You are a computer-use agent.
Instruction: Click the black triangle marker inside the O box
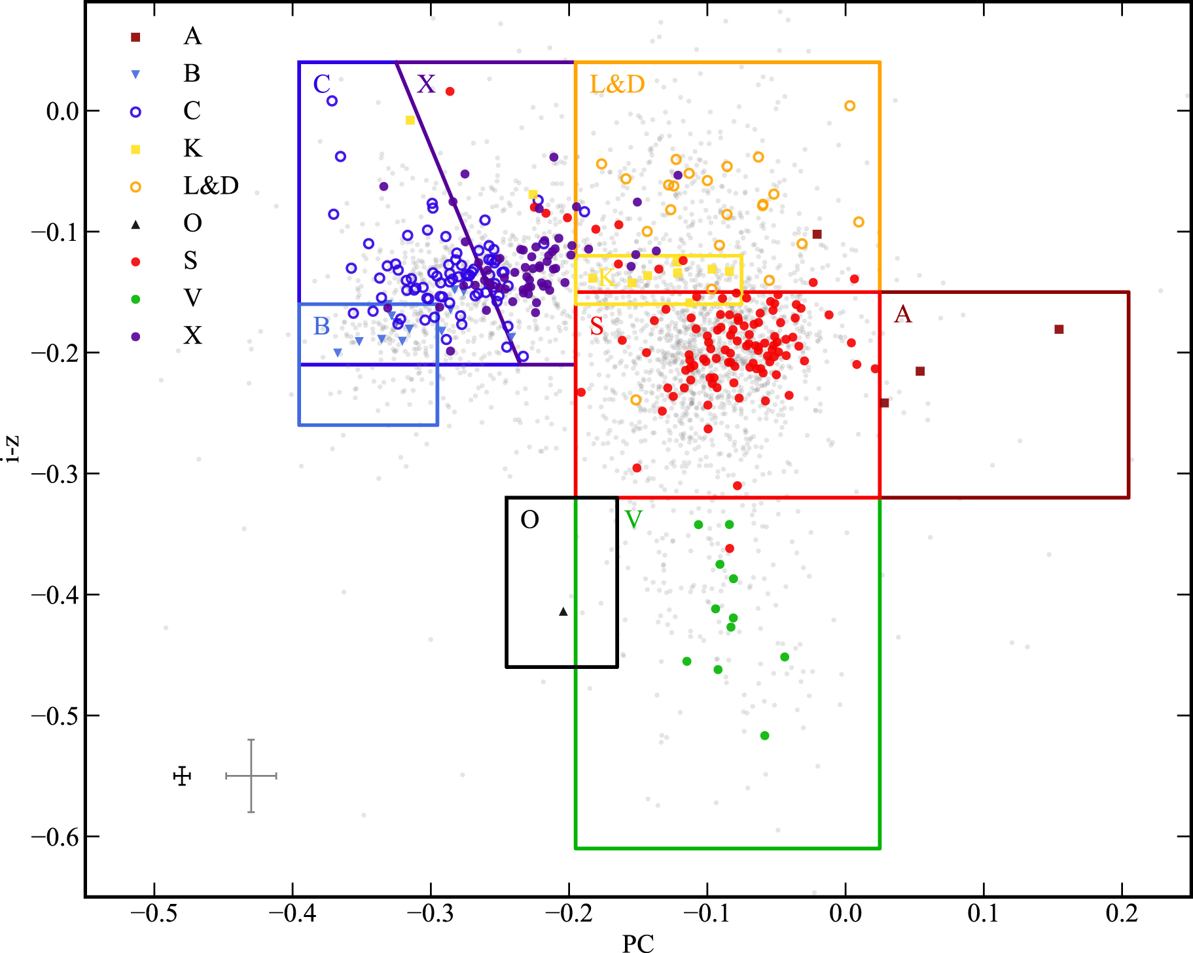coord(563,611)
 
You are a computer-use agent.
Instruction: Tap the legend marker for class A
coord(135,37)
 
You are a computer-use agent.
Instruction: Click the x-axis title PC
coord(637,943)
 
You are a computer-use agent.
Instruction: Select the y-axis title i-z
coord(11,450)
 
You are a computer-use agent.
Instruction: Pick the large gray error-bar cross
coord(251,776)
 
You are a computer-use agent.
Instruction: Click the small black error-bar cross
coord(183,776)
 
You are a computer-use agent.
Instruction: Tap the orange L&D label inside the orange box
coord(617,84)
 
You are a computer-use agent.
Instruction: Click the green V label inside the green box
coord(633,520)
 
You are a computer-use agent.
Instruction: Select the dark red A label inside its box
coord(902,314)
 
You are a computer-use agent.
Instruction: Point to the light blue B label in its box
coord(321,326)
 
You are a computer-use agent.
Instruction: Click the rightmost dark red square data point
coord(1059,329)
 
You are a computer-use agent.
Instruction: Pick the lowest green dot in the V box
coord(764,736)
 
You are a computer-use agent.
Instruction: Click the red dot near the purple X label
coord(450,91)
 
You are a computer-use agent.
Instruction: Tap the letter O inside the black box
coord(529,520)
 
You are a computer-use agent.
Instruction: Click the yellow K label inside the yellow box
coord(606,278)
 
